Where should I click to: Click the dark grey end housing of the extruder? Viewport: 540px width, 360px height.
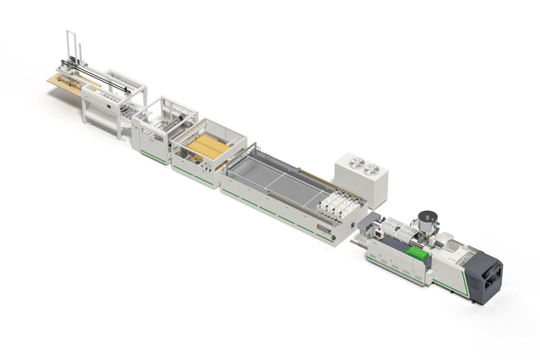486,277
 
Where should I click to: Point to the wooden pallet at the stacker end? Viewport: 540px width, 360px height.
67,80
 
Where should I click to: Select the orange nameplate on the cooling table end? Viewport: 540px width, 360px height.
323,228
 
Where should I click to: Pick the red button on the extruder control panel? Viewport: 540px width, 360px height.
381,228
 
